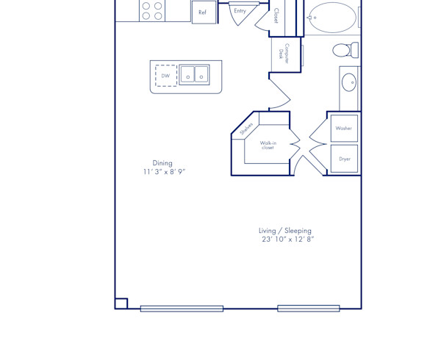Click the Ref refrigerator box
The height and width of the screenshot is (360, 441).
click(x=204, y=12)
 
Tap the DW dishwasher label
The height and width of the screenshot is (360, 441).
click(x=166, y=76)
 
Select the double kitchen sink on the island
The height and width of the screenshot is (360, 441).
click(x=195, y=75)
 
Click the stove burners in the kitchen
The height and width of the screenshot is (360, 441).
click(x=152, y=10)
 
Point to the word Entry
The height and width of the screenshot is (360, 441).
click(x=240, y=11)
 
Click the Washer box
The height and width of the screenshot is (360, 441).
click(x=344, y=129)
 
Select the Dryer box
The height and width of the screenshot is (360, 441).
click(x=344, y=159)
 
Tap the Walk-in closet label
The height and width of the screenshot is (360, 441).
click(x=268, y=145)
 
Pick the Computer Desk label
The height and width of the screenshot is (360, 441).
click(x=284, y=54)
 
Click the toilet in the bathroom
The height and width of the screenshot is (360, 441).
click(x=343, y=50)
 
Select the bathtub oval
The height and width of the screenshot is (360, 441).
click(x=332, y=17)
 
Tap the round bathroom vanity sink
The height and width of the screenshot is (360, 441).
click(x=349, y=82)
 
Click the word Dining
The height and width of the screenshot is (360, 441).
click(x=162, y=163)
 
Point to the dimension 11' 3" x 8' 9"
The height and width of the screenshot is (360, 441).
click(x=164, y=172)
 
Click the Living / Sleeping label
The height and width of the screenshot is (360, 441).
click(x=285, y=231)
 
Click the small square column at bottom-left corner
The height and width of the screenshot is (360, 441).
click(x=121, y=303)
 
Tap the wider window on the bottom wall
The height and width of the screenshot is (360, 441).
click(x=182, y=309)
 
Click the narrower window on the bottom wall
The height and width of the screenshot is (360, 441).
click(x=308, y=309)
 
